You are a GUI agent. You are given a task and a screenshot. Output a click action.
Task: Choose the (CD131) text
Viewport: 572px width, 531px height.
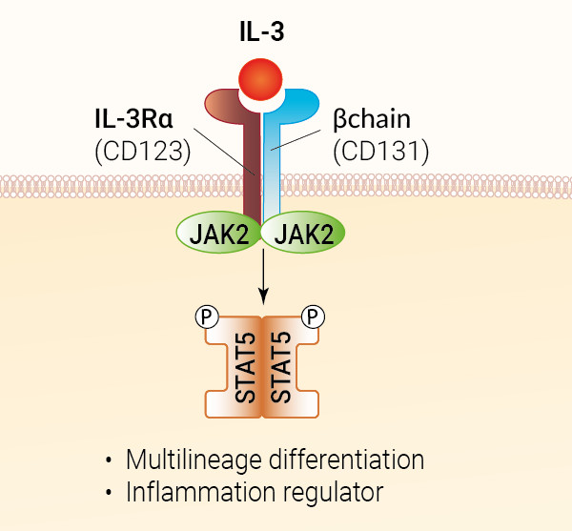[x=380, y=150]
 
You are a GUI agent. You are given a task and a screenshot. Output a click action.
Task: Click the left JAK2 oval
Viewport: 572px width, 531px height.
[x=219, y=233]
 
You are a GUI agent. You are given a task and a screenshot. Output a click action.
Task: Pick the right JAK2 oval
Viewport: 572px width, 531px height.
[x=303, y=233]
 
